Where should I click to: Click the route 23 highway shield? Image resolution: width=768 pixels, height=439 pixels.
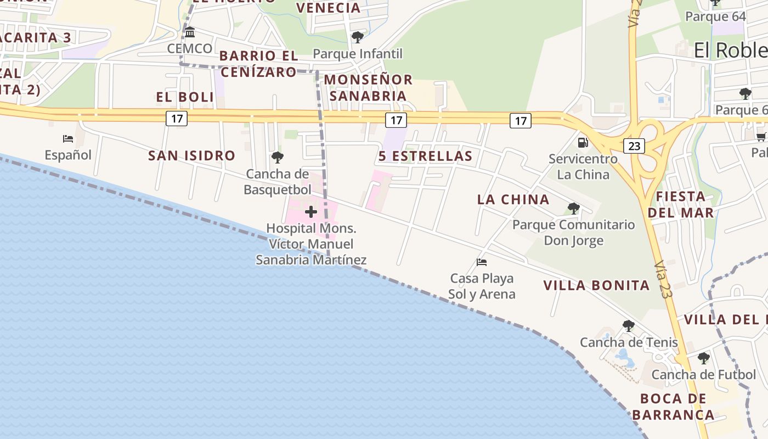click(x=634, y=146)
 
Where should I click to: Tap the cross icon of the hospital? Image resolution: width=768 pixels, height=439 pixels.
click(x=311, y=212)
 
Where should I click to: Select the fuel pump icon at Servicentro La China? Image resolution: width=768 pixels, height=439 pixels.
click(x=583, y=143)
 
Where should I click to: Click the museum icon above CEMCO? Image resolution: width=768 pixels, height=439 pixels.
click(x=190, y=32)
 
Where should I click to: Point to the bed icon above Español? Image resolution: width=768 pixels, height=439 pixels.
click(x=68, y=139)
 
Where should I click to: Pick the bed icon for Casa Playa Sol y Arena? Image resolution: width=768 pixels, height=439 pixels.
click(x=482, y=262)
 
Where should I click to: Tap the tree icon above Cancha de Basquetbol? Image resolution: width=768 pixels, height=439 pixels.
click(x=278, y=158)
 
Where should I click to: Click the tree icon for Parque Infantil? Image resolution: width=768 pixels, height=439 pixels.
click(x=358, y=37)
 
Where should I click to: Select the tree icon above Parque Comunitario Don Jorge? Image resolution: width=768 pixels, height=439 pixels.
click(x=574, y=209)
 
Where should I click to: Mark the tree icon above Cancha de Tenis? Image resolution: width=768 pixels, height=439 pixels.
click(x=629, y=326)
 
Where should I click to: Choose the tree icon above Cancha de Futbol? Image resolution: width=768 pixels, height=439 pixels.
click(x=703, y=359)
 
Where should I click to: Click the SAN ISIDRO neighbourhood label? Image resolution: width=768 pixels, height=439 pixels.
click(x=191, y=156)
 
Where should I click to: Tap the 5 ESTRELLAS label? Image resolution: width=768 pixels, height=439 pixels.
click(x=425, y=156)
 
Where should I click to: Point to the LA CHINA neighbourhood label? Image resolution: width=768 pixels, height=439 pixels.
click(x=513, y=200)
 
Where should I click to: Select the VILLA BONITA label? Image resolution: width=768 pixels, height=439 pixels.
click(x=596, y=285)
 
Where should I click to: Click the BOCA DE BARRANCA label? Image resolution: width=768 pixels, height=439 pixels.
click(x=673, y=407)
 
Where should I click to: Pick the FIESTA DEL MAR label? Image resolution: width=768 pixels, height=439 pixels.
click(x=681, y=204)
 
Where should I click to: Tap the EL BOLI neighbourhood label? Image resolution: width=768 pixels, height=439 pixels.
click(x=185, y=97)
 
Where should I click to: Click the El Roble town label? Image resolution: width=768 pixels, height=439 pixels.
click(x=730, y=50)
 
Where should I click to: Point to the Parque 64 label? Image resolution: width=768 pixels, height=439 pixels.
click(x=716, y=16)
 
